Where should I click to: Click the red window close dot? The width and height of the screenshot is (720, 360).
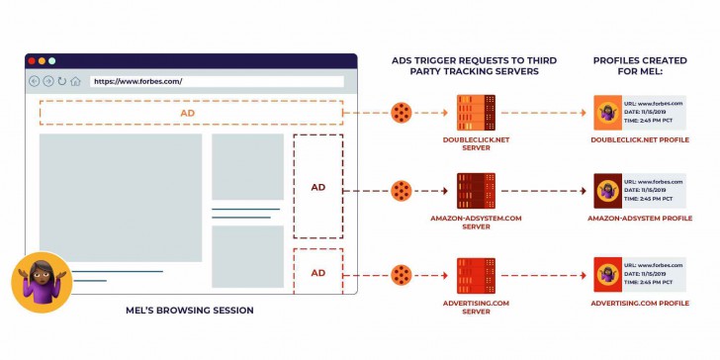click(x=31, y=61)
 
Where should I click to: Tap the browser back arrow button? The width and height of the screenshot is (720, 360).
click(x=35, y=81)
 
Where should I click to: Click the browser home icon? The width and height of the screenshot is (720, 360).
click(x=75, y=81)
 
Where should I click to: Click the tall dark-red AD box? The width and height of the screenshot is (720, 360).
click(x=318, y=187)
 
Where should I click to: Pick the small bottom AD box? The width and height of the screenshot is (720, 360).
click(x=318, y=272)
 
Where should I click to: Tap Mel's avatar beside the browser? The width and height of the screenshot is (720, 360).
click(x=42, y=281)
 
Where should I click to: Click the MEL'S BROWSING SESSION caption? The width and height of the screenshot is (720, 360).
click(x=190, y=311)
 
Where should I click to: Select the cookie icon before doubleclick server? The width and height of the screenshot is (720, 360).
click(x=401, y=113)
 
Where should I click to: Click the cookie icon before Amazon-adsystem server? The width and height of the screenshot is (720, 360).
click(x=401, y=190)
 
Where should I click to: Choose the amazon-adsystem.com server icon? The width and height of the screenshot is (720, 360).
click(x=477, y=190)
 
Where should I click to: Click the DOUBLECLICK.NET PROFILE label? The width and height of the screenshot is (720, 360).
click(x=640, y=139)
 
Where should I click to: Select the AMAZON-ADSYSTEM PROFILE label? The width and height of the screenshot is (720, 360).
click(x=640, y=218)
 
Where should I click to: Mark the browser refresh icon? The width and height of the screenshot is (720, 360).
click(x=61, y=81)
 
